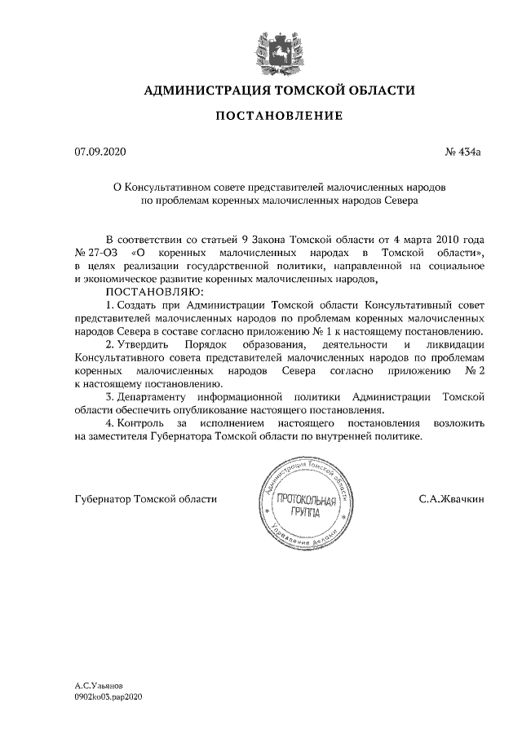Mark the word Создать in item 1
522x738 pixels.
click(140, 304)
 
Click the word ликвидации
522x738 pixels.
click(458, 344)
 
